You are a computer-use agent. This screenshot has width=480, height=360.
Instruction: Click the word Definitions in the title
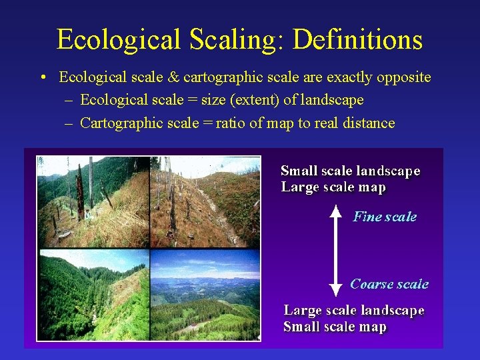pos(357,40)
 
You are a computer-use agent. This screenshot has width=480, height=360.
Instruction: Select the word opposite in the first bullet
pos(403,77)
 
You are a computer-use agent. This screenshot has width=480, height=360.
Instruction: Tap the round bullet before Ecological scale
pos(43,78)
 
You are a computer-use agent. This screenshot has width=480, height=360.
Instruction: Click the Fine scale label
pos(385,217)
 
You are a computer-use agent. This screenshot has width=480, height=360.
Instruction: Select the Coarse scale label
pos(389,284)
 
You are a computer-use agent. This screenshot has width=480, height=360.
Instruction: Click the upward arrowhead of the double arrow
pos(336,213)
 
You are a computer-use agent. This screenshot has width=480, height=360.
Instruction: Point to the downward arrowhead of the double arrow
pos(336,289)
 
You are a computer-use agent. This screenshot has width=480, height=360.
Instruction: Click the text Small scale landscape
pos(350,171)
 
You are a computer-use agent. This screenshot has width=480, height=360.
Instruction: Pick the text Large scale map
pos(333,187)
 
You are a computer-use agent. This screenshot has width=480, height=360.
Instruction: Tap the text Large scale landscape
pos(353,310)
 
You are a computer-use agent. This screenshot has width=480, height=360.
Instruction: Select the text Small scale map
pos(335,327)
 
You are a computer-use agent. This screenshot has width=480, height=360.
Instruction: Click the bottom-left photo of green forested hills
pos(93,294)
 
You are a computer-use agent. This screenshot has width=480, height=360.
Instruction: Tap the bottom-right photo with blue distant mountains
pos(205,294)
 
